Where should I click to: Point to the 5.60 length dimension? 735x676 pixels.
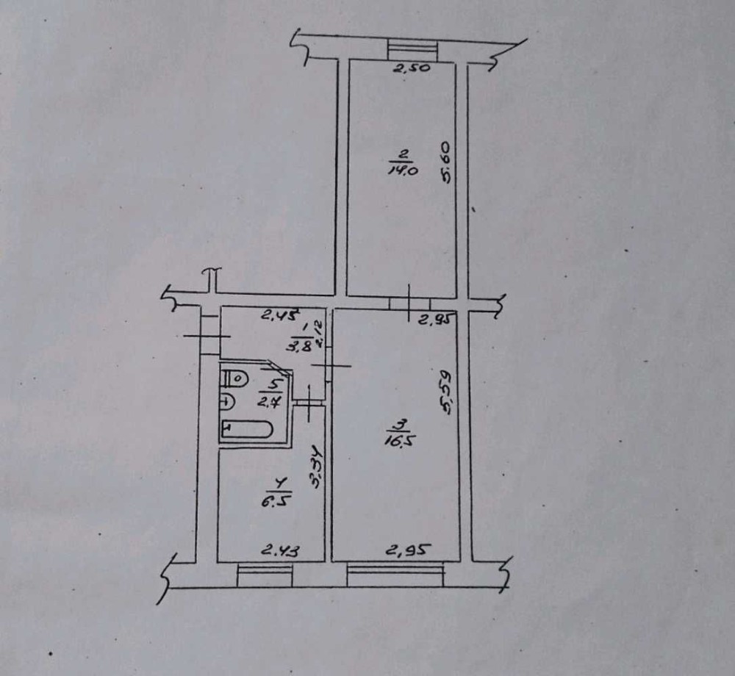pos(445,164)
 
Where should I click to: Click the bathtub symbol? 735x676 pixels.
pos(247,429)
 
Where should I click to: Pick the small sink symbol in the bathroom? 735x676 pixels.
pos(228,402)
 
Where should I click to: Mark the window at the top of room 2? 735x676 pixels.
pos(412,51)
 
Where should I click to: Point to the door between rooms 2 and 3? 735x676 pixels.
pos(409,304)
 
